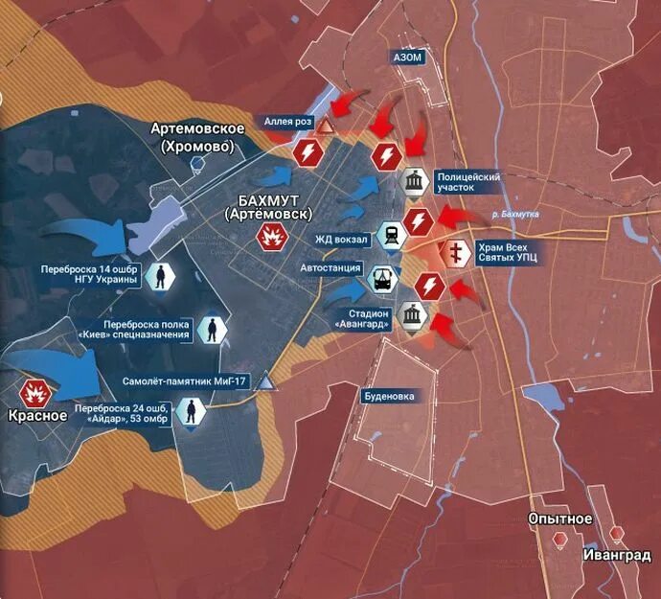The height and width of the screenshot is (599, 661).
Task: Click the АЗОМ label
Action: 407,58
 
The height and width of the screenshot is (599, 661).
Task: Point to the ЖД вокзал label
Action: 342,235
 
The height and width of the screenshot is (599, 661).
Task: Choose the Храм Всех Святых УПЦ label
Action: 510,253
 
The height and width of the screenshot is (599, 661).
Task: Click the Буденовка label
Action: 389,395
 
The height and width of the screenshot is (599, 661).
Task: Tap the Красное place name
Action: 37,416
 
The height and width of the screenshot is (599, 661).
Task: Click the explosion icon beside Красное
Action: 36,391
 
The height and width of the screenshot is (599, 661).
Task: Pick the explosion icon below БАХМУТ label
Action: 270,236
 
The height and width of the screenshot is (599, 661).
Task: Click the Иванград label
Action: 612,555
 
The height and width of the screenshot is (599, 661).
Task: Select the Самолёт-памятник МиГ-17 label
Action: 186,381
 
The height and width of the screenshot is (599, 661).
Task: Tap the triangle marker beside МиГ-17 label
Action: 267,383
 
